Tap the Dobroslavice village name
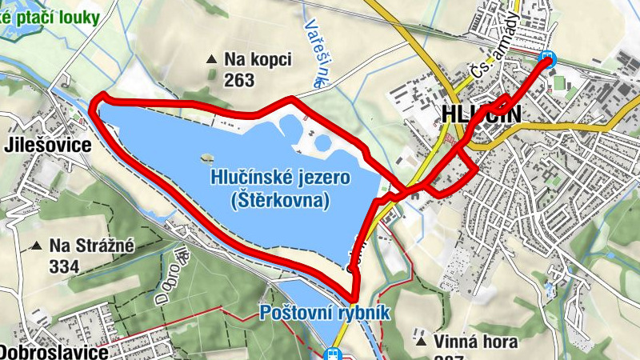point(53,352)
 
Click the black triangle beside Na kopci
point(211,59)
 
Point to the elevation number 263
point(239,80)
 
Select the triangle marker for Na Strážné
point(35,246)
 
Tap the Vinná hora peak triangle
point(421,342)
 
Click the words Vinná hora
point(477,342)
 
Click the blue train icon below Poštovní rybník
point(333,354)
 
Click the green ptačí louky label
point(51,14)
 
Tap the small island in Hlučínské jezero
point(207,157)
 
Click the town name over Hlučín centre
point(480,114)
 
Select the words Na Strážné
point(92,246)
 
